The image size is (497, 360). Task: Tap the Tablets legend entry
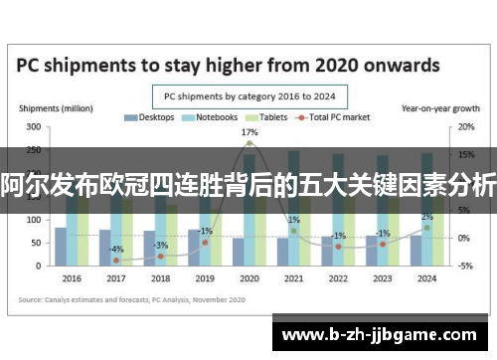(x=267, y=117)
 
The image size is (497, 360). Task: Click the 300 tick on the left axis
(x=34, y=127)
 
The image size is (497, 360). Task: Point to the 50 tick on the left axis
(x=36, y=242)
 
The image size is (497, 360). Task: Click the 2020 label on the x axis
(x=249, y=278)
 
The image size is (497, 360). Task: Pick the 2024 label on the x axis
(x=426, y=278)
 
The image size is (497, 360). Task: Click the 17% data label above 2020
(x=249, y=132)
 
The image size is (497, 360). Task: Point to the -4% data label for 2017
(x=116, y=249)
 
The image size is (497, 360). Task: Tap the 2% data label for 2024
(x=426, y=217)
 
